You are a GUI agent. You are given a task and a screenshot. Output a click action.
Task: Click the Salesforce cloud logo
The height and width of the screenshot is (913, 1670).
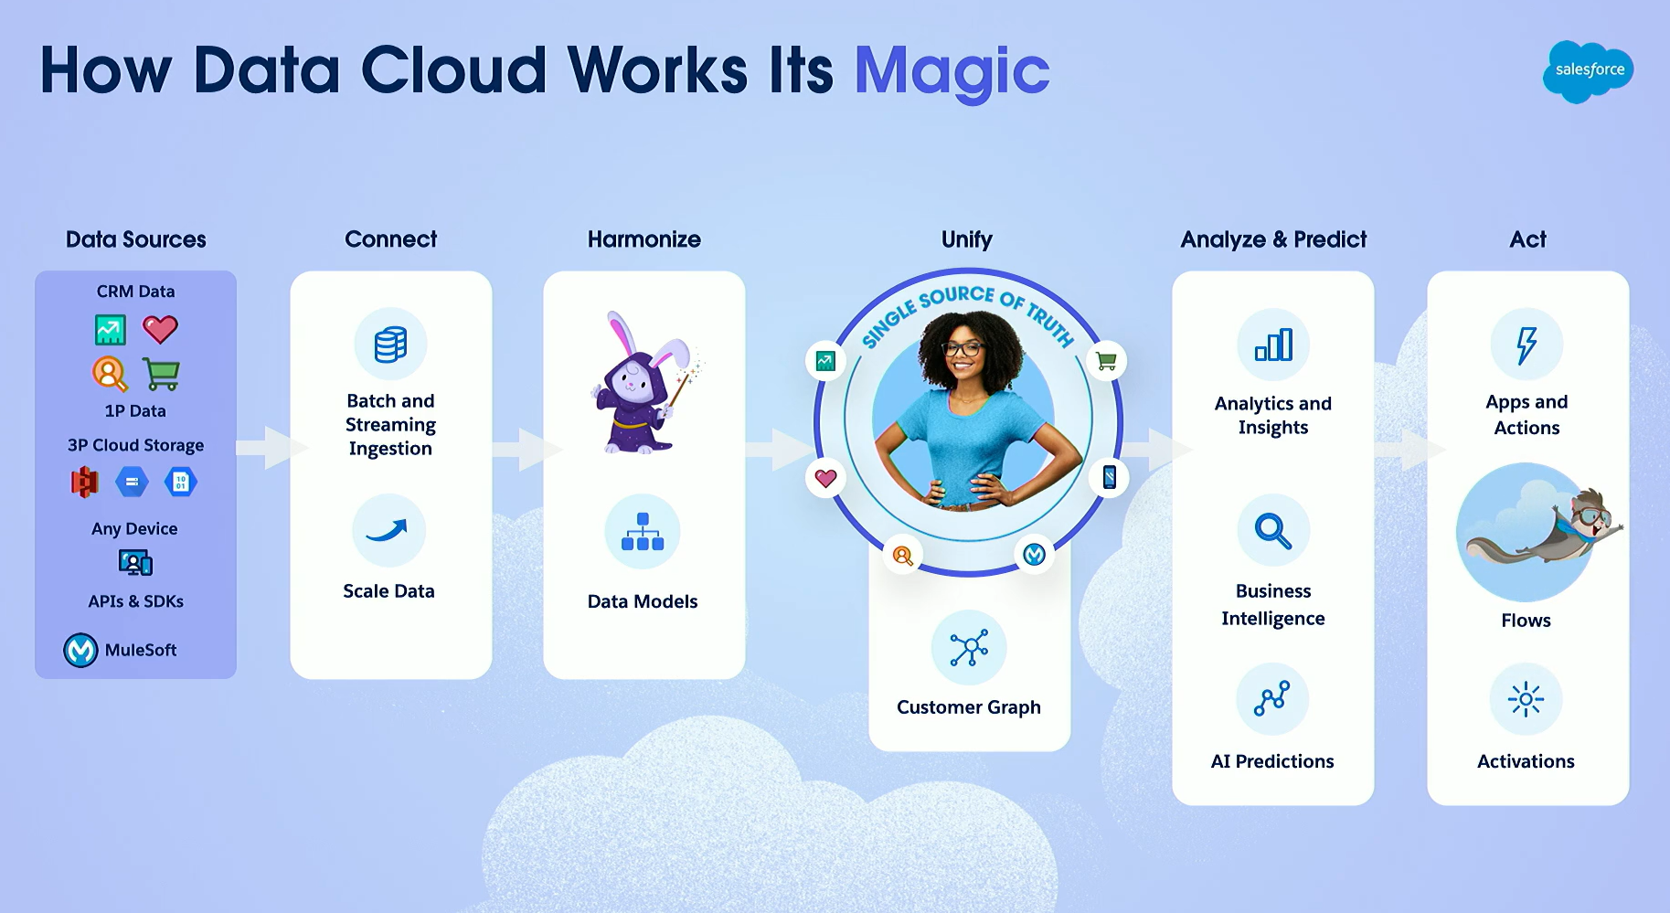[1588, 71]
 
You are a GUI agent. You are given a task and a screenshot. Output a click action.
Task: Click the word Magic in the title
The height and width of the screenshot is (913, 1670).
[952, 71]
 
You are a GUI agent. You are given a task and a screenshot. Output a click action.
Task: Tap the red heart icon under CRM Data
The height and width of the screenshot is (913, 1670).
[160, 329]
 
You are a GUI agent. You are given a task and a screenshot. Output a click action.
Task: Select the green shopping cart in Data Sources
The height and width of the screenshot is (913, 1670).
[161, 373]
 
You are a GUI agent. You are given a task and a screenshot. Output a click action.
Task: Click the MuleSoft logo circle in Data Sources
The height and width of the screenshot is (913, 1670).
[80, 650]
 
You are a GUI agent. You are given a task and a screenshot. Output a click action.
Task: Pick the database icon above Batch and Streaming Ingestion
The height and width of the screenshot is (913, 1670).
[390, 345]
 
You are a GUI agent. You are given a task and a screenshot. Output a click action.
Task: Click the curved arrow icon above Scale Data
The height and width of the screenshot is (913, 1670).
[387, 530]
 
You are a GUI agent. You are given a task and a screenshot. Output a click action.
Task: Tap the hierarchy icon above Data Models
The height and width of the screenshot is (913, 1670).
[643, 531]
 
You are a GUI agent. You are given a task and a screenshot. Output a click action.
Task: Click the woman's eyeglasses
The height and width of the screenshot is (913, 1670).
[963, 348]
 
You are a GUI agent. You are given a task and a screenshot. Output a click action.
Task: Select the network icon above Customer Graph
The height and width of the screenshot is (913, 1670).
[969, 648]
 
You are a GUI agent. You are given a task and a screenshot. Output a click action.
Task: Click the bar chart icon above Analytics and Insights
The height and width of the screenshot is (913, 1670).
[1273, 345]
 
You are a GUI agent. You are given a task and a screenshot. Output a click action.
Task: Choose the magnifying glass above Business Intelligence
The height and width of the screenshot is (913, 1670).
[1273, 531]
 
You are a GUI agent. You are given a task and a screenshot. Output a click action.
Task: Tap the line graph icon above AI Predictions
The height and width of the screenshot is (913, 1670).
[1272, 698]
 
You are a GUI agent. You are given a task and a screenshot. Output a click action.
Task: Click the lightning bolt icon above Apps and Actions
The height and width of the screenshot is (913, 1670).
[1526, 345]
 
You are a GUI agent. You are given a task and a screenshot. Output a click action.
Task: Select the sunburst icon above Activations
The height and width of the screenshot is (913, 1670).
[1526, 700]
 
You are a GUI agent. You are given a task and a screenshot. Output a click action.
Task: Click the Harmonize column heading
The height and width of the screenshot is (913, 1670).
[644, 239]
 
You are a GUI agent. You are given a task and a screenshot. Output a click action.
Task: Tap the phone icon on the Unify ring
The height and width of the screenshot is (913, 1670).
[1109, 477]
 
